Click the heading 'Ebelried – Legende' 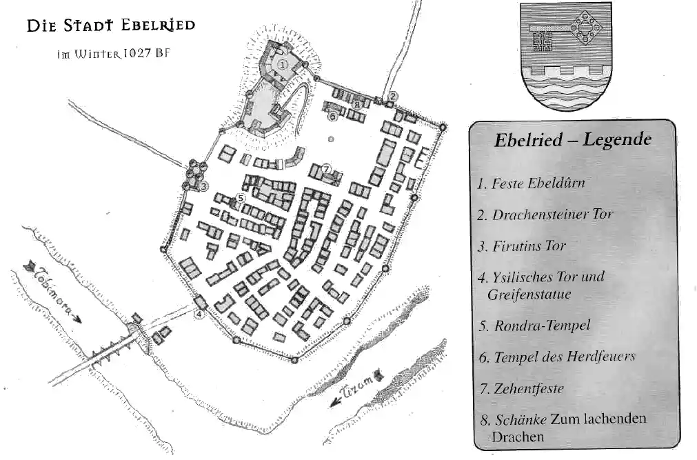[573, 140]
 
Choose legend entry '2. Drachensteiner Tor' [545, 214]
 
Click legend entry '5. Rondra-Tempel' [534, 326]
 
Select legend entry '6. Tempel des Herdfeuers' [556, 357]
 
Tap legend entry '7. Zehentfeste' [521, 389]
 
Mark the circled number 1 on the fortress [282, 64]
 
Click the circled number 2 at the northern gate [392, 96]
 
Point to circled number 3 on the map [203, 186]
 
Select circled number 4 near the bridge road [199, 314]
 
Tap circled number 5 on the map [241, 197]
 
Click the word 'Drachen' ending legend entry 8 [518, 437]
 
